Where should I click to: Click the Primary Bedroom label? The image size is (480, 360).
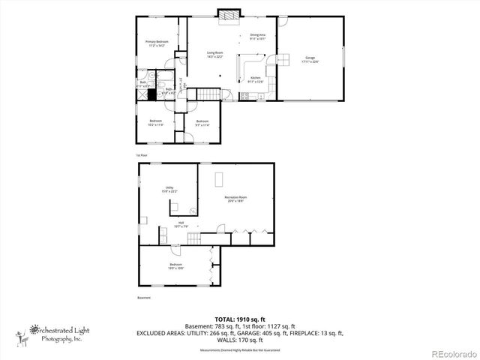point(157,43)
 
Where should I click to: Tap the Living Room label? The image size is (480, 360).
point(215,54)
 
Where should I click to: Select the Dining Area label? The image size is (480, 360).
point(259,37)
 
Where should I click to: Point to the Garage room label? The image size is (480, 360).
point(310,59)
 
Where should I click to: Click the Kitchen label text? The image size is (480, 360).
point(255,80)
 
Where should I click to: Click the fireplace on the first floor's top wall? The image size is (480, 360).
point(227,15)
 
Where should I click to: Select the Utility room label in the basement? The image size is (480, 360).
point(169,190)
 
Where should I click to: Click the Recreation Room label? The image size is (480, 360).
point(235,199)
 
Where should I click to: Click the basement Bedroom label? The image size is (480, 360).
point(175,265)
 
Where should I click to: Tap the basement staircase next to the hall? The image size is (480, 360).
point(193,239)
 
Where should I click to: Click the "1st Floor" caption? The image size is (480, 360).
point(141,155)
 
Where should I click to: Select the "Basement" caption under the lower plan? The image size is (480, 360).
point(143,298)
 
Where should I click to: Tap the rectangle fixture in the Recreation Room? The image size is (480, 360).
point(220,178)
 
